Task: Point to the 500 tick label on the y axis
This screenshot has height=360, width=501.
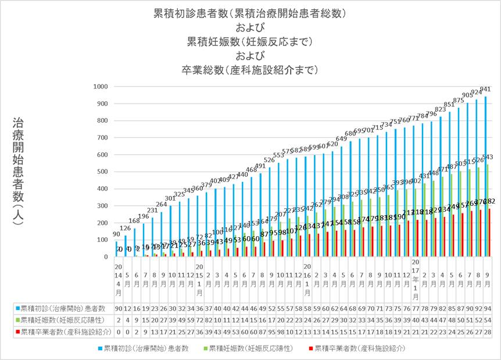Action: coord(101,172)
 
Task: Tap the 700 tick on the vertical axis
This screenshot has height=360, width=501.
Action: coord(101,138)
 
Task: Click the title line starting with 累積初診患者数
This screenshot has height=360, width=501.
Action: coord(250,13)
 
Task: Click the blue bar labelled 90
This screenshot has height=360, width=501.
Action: coord(116,249)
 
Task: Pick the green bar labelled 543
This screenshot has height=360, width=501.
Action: coord(488,210)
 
